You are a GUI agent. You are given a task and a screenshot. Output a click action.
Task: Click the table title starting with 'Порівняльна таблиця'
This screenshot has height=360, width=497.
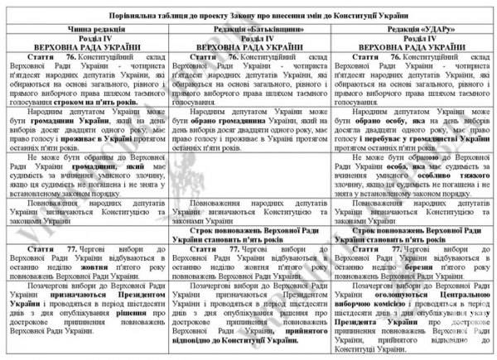[x=248, y=15]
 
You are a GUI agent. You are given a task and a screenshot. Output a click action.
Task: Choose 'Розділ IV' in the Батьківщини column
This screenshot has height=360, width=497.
[x=249, y=37]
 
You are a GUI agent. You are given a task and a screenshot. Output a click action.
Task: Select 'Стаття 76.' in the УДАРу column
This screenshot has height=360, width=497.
[x=363, y=56]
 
